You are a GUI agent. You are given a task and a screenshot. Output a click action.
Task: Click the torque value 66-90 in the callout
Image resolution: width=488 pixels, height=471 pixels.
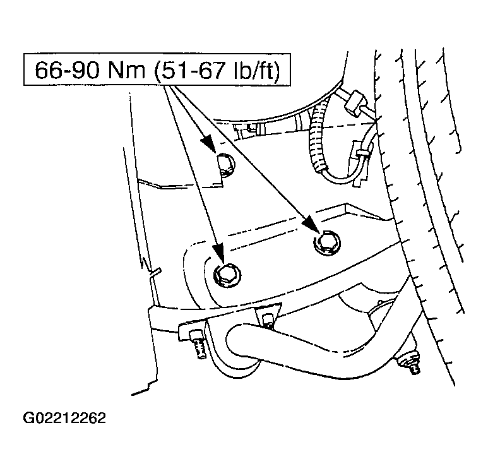point(68,70)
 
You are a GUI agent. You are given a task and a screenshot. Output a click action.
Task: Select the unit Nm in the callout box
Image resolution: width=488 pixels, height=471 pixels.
point(127,70)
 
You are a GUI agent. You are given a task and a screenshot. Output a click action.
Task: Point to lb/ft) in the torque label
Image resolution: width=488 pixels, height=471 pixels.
point(256,71)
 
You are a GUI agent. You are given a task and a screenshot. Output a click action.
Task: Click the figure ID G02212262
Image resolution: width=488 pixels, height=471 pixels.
point(64,418)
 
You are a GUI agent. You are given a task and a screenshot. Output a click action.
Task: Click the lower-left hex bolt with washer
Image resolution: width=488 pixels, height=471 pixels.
point(227,275)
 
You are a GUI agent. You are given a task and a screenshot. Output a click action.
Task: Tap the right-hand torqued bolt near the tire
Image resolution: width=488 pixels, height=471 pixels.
point(327,242)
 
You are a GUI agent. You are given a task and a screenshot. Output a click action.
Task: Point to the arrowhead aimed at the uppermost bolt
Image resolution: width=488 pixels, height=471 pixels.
point(208,144)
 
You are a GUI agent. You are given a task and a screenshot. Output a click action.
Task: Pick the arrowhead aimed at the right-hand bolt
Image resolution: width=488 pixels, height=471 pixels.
point(312,224)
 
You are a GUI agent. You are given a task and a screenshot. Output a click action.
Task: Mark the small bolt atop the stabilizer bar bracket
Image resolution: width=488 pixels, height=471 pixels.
point(268,321)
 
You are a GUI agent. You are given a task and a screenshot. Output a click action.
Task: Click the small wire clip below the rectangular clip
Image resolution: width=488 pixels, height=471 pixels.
point(362,152)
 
